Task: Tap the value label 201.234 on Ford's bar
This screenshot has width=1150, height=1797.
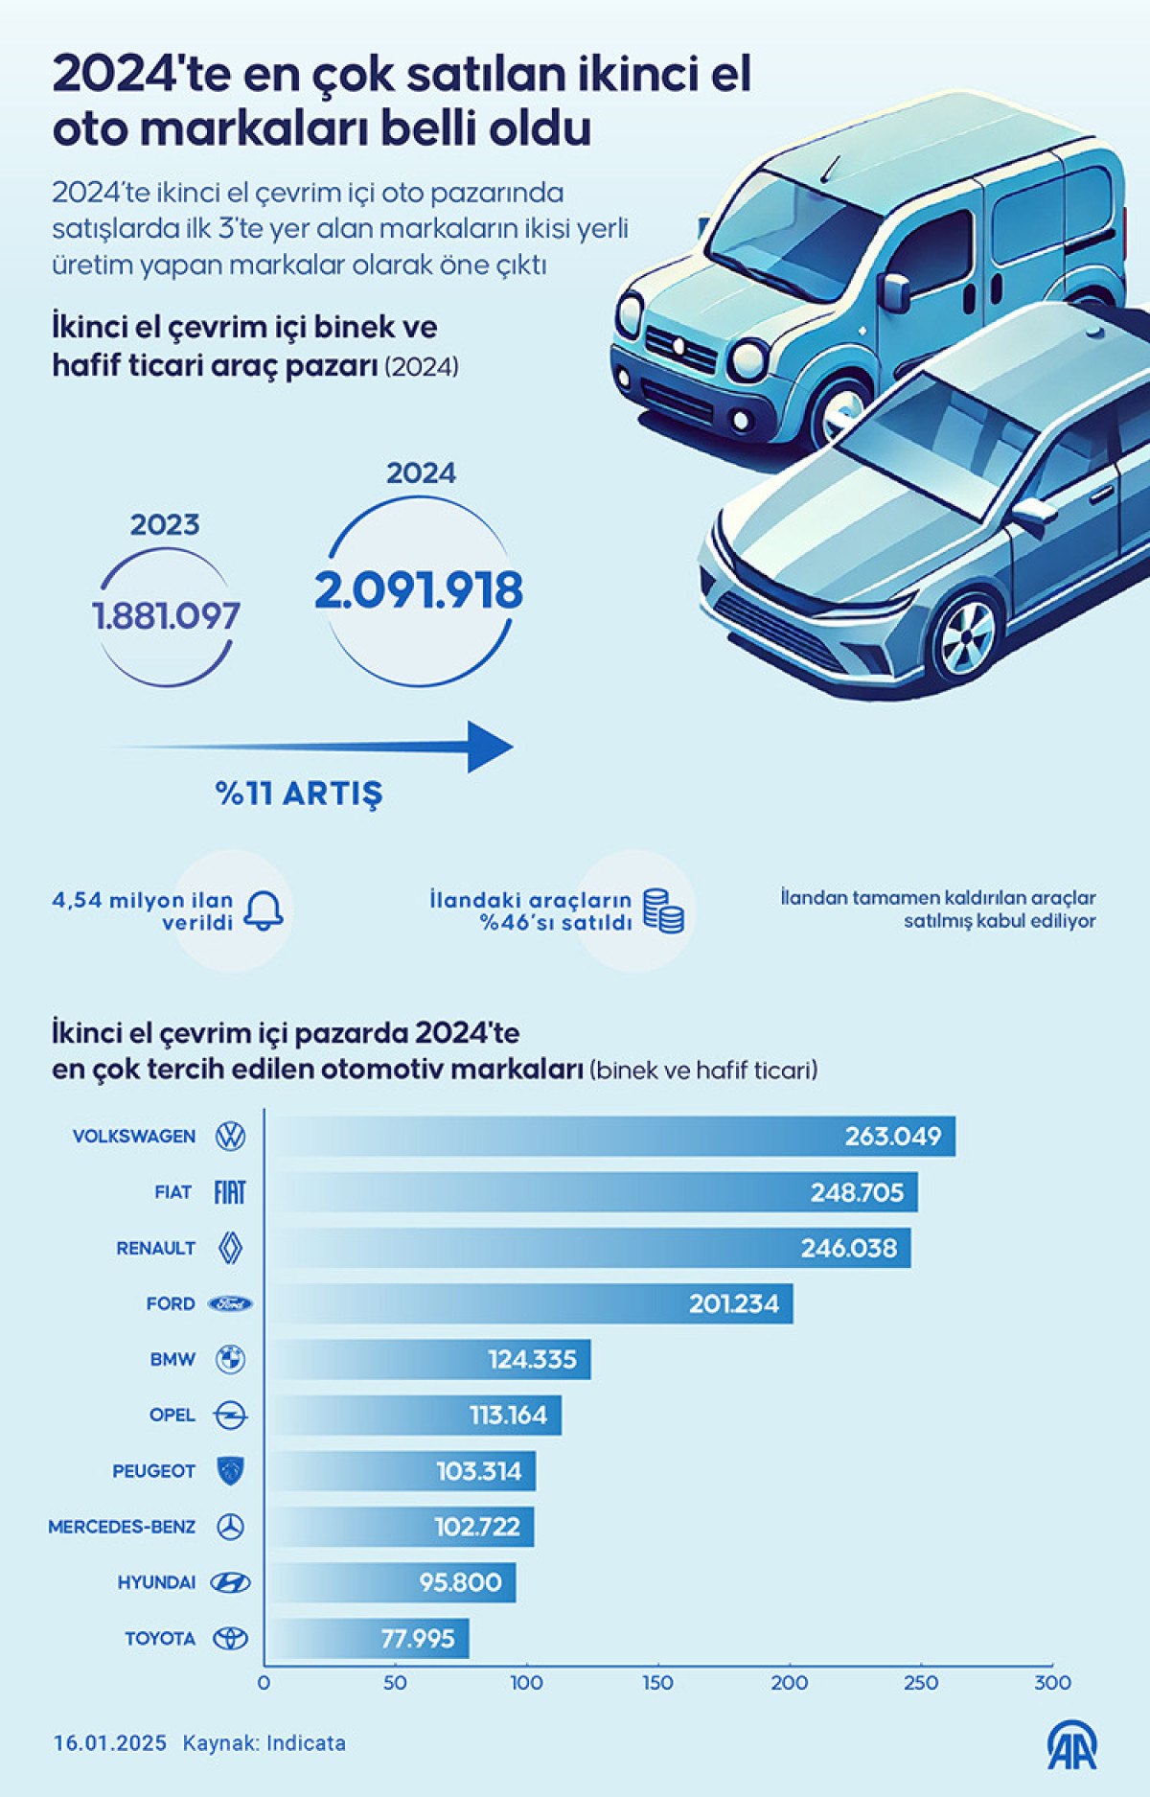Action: [734, 1303]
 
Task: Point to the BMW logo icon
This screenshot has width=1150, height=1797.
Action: [230, 1359]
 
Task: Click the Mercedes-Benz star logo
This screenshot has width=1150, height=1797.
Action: [230, 1527]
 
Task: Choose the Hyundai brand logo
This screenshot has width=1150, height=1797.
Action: [230, 1582]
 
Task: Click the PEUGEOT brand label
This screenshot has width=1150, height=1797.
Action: [153, 1471]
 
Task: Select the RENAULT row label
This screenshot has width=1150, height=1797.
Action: [155, 1248]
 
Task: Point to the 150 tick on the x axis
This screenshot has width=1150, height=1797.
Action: [657, 1683]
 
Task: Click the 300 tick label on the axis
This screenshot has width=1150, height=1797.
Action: [1052, 1683]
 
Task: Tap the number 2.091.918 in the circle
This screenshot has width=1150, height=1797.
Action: [419, 590]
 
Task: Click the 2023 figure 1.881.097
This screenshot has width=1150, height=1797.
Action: [166, 615]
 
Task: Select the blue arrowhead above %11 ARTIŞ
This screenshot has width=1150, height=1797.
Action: [490, 747]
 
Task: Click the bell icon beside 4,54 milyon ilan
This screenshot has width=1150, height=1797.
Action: [263, 910]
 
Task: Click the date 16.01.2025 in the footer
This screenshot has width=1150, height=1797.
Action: [110, 1743]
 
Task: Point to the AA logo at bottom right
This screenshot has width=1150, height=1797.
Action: [1071, 1745]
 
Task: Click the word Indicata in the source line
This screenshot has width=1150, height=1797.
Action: [306, 1743]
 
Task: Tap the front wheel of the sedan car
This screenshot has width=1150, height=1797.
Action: [966, 636]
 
